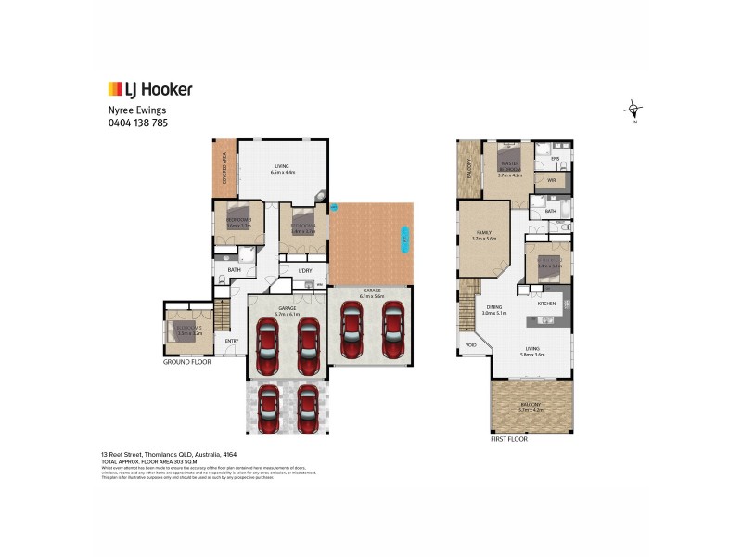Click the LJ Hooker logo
coord(149,90)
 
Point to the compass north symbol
coord(633,110)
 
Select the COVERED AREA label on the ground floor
coord(224,171)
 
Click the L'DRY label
coord(305,270)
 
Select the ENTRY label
coord(231,341)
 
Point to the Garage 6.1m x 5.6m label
coord(371,292)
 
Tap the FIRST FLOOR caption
coord(509,438)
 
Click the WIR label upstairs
coord(551,180)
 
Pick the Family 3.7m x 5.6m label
coord(484,236)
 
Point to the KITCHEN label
coord(546,303)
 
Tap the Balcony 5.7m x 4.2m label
coord(531,406)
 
